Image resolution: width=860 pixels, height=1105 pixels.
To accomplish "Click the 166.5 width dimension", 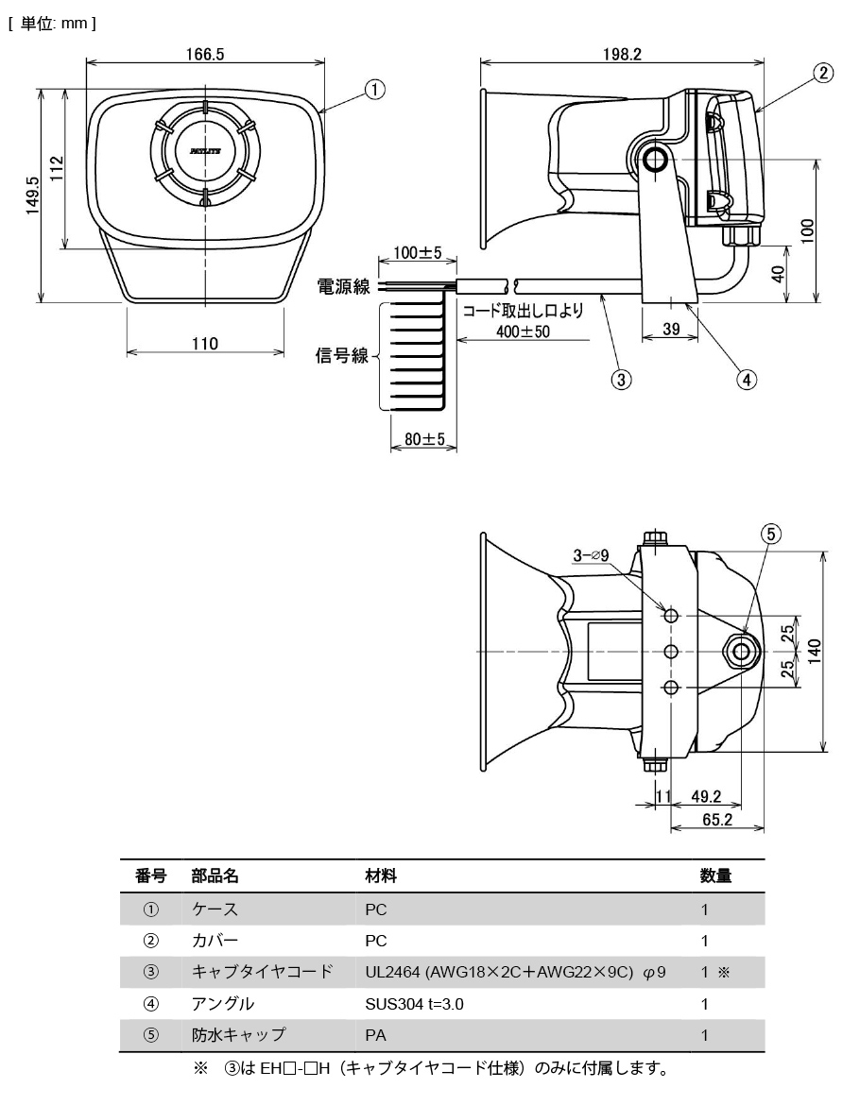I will coord(205,55).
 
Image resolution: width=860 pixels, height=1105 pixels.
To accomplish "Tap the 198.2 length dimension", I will coord(622,55).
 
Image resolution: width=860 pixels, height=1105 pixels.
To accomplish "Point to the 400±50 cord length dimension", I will coord(523,331).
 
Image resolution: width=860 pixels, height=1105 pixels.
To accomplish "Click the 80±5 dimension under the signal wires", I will coord(418,439).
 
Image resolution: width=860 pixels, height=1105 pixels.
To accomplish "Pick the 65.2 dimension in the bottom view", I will coord(717,820).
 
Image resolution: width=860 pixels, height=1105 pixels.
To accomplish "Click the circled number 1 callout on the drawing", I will coord(375,90).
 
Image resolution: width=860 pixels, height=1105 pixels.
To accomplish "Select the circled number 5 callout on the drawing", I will coord(771,535).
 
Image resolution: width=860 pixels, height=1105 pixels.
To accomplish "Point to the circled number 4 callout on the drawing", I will coord(747,380).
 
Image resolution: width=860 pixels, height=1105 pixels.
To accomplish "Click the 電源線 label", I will coord(343,286).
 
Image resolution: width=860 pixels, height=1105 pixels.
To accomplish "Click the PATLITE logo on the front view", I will coord(204,150).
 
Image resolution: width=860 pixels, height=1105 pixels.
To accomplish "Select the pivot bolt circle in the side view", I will coord(654,161).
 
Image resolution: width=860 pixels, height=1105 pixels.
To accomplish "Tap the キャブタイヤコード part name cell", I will coord(262,972).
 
